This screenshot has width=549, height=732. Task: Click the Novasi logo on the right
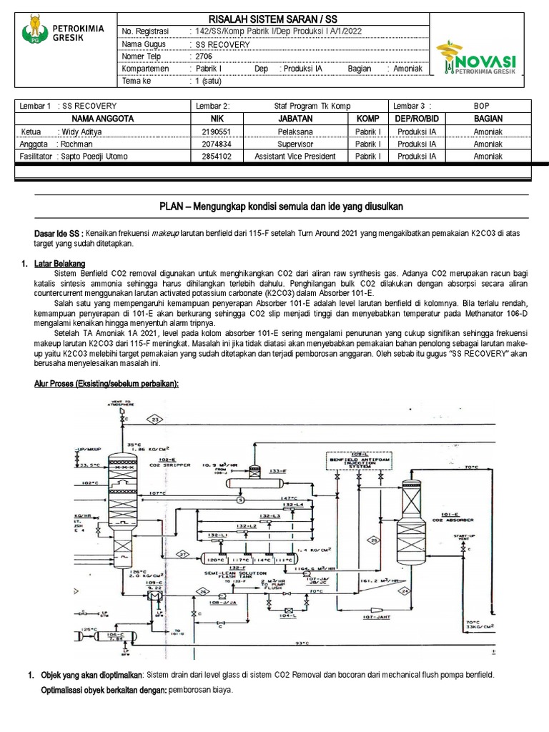point(479,57)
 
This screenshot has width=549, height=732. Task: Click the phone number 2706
point(203,56)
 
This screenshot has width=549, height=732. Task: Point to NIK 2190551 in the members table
point(217,132)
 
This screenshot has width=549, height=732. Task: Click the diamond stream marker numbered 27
point(182,555)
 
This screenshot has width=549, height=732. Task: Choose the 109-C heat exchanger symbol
point(155,593)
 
